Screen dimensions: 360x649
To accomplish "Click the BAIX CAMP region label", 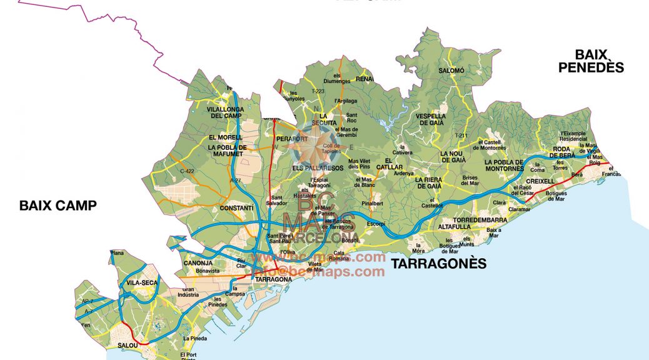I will tap(58, 205).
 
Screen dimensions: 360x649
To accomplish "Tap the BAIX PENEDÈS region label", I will tap(591, 61).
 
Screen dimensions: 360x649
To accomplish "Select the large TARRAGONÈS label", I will tap(438, 264).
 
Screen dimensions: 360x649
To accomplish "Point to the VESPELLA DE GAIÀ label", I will tap(430, 119).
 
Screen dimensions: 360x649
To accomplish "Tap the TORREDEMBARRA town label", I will tap(480, 221).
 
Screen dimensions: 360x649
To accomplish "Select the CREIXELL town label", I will tap(540, 181).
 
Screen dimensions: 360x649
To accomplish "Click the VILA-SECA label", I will tap(142, 283).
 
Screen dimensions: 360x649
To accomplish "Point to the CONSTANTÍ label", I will tap(236, 207).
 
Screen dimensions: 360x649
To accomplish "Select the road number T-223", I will tap(318, 91).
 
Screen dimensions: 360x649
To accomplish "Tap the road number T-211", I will tap(461, 136).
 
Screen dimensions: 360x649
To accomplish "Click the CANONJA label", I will tap(199, 263).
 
